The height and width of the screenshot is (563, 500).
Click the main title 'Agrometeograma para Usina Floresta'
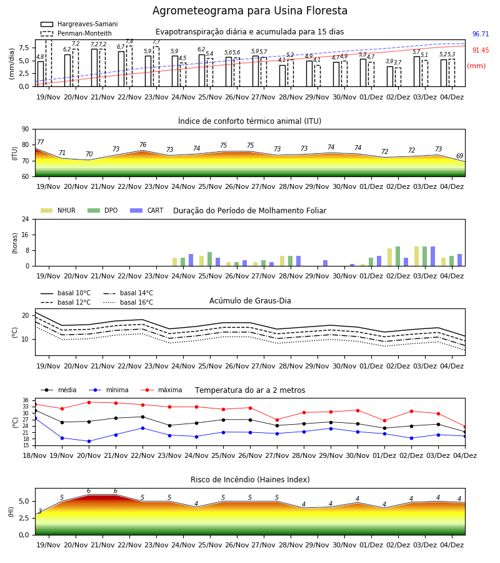click(x=249, y=11)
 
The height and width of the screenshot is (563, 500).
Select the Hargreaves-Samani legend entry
click(x=79, y=24)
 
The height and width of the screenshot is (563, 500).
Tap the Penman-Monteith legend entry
click(x=76, y=33)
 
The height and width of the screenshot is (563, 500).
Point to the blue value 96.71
click(x=481, y=34)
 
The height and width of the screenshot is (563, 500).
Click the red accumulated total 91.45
click(x=481, y=50)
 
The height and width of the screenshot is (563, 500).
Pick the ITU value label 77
click(x=40, y=142)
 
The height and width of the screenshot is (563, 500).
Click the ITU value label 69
click(x=459, y=156)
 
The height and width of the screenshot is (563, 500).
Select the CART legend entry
click(x=146, y=210)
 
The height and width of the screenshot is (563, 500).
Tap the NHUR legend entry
click(x=57, y=210)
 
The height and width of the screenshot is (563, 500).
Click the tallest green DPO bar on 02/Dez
click(x=397, y=256)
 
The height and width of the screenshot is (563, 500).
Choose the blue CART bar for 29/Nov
click(x=326, y=263)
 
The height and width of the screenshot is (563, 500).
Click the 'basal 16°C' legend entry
click(x=128, y=302)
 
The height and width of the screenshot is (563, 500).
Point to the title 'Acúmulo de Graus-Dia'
click(x=250, y=301)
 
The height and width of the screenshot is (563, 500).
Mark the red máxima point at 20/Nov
click(x=89, y=402)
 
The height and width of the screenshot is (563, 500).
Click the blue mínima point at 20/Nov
click(x=89, y=441)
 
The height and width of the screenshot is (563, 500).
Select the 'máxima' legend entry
click(x=161, y=390)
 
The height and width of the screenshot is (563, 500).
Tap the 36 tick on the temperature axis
click(x=26, y=400)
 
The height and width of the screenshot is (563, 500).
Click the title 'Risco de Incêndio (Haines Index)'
click(x=250, y=480)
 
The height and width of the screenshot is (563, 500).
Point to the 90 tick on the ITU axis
click(x=26, y=129)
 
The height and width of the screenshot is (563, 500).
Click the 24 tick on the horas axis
click(x=26, y=220)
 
